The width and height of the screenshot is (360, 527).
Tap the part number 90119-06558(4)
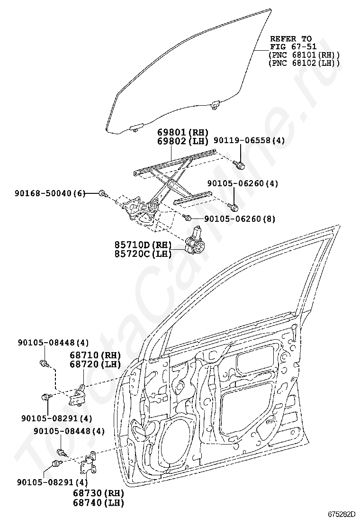(250, 141)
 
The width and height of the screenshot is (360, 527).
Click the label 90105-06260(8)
(240, 219)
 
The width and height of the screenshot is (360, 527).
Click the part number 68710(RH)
(95, 355)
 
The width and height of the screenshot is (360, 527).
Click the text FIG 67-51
(290, 47)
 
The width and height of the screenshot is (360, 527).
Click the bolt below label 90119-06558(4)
(240, 164)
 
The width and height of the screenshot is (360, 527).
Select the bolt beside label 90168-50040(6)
(102, 193)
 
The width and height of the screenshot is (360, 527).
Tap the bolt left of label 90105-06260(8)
(188, 218)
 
